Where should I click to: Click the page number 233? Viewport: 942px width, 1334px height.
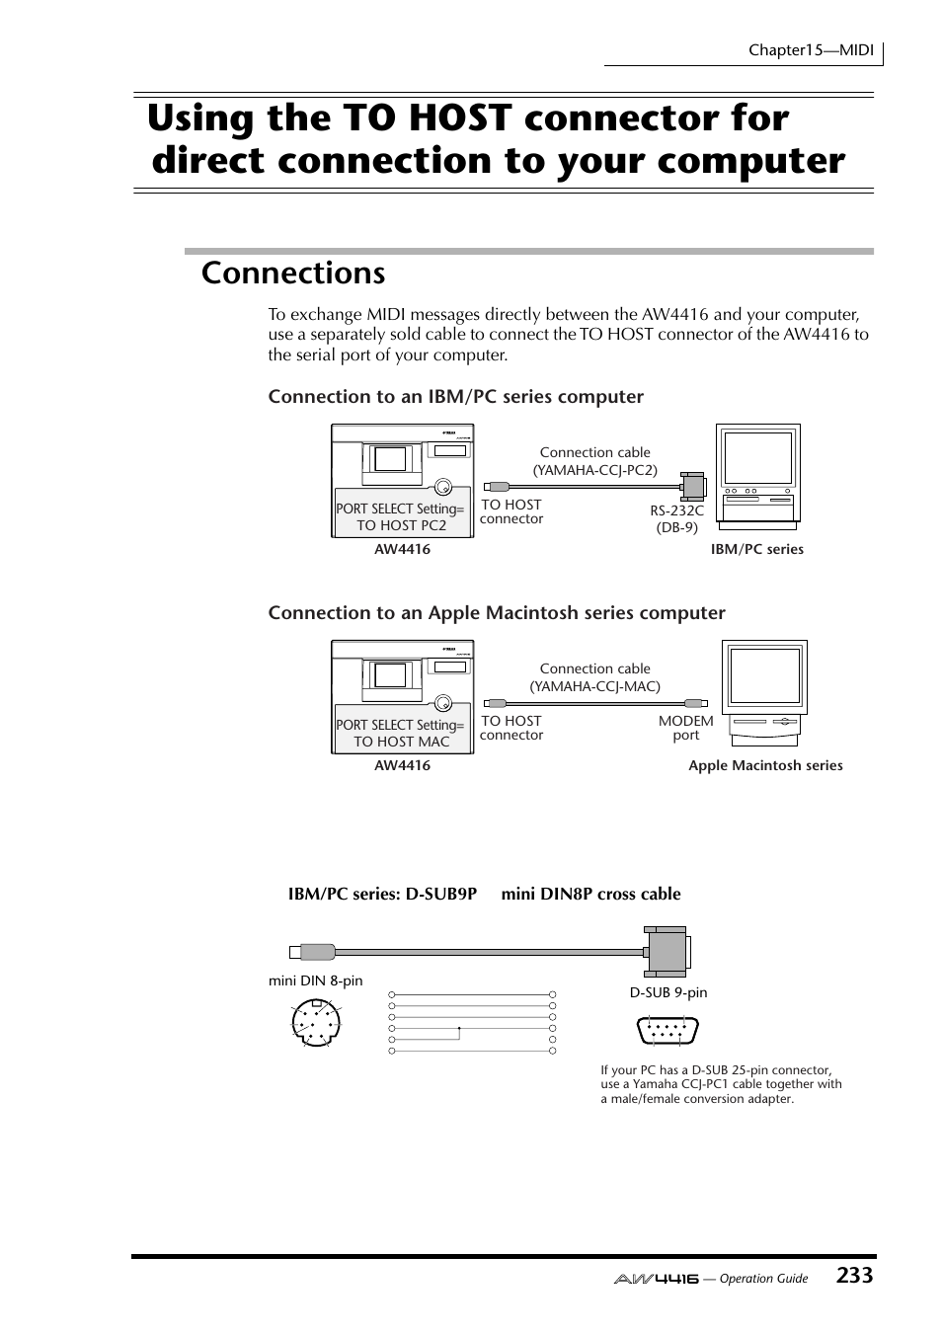pyautogui.click(x=853, y=1275)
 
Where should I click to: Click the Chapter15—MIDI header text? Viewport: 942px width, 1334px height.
pyautogui.click(x=811, y=49)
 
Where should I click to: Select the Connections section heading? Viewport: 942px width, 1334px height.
pyautogui.click(x=293, y=273)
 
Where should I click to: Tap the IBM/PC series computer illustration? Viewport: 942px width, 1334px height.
pyautogui.click(x=757, y=473)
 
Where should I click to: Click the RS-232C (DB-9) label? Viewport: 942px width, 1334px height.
pyautogui.click(x=676, y=519)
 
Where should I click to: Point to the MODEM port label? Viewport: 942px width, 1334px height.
pyautogui.click(x=685, y=728)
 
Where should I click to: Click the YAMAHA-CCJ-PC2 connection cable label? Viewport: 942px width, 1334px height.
pyautogui.click(x=594, y=461)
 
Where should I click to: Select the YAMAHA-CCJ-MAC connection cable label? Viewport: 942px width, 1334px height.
pyautogui.click(x=594, y=677)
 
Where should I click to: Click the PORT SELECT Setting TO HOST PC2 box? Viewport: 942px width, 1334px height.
pyautogui.click(x=401, y=516)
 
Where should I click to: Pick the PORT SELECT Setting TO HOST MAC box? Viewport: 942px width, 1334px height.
pyautogui.click(x=401, y=733)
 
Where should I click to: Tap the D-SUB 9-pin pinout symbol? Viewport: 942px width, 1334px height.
pyautogui.click(x=667, y=1031)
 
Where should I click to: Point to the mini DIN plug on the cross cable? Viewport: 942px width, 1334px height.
pyautogui.click(x=314, y=952)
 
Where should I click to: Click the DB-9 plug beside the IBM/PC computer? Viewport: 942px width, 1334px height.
pyautogui.click(x=692, y=485)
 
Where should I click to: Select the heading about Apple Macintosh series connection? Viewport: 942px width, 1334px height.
pyautogui.click(x=497, y=612)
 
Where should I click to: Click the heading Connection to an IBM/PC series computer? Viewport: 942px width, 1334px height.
pyautogui.click(x=455, y=396)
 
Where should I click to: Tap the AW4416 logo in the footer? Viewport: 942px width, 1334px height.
pyautogui.click(x=656, y=1278)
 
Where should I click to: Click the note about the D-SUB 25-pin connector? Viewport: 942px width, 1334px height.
pyautogui.click(x=721, y=1084)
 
